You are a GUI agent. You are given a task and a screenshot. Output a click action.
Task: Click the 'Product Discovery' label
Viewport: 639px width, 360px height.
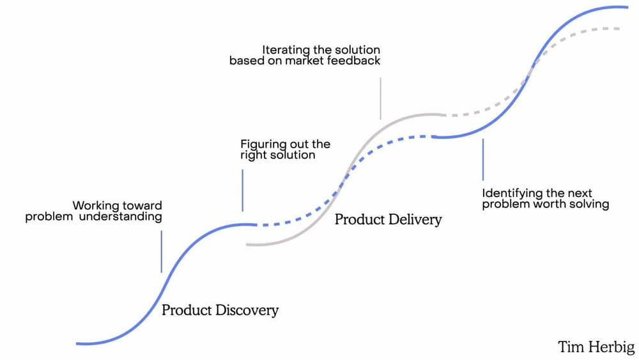tap(220, 311)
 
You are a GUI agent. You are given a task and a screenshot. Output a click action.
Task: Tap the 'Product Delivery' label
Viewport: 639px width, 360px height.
tap(388, 220)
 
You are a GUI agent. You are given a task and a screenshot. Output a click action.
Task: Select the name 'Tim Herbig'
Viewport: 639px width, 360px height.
tap(596, 347)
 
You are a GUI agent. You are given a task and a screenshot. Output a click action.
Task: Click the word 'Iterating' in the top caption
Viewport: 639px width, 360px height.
tap(286, 50)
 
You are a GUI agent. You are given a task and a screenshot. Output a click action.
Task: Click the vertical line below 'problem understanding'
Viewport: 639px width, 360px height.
tap(162, 252)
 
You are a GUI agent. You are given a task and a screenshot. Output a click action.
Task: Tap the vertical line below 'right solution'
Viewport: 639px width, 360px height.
tap(242, 190)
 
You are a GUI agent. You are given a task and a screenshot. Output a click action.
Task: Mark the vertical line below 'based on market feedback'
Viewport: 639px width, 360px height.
tap(380, 98)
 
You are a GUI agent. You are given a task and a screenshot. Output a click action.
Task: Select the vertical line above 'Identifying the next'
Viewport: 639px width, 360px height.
tap(482, 159)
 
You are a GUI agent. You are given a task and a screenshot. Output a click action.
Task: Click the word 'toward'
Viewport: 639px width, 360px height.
tap(142, 206)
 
